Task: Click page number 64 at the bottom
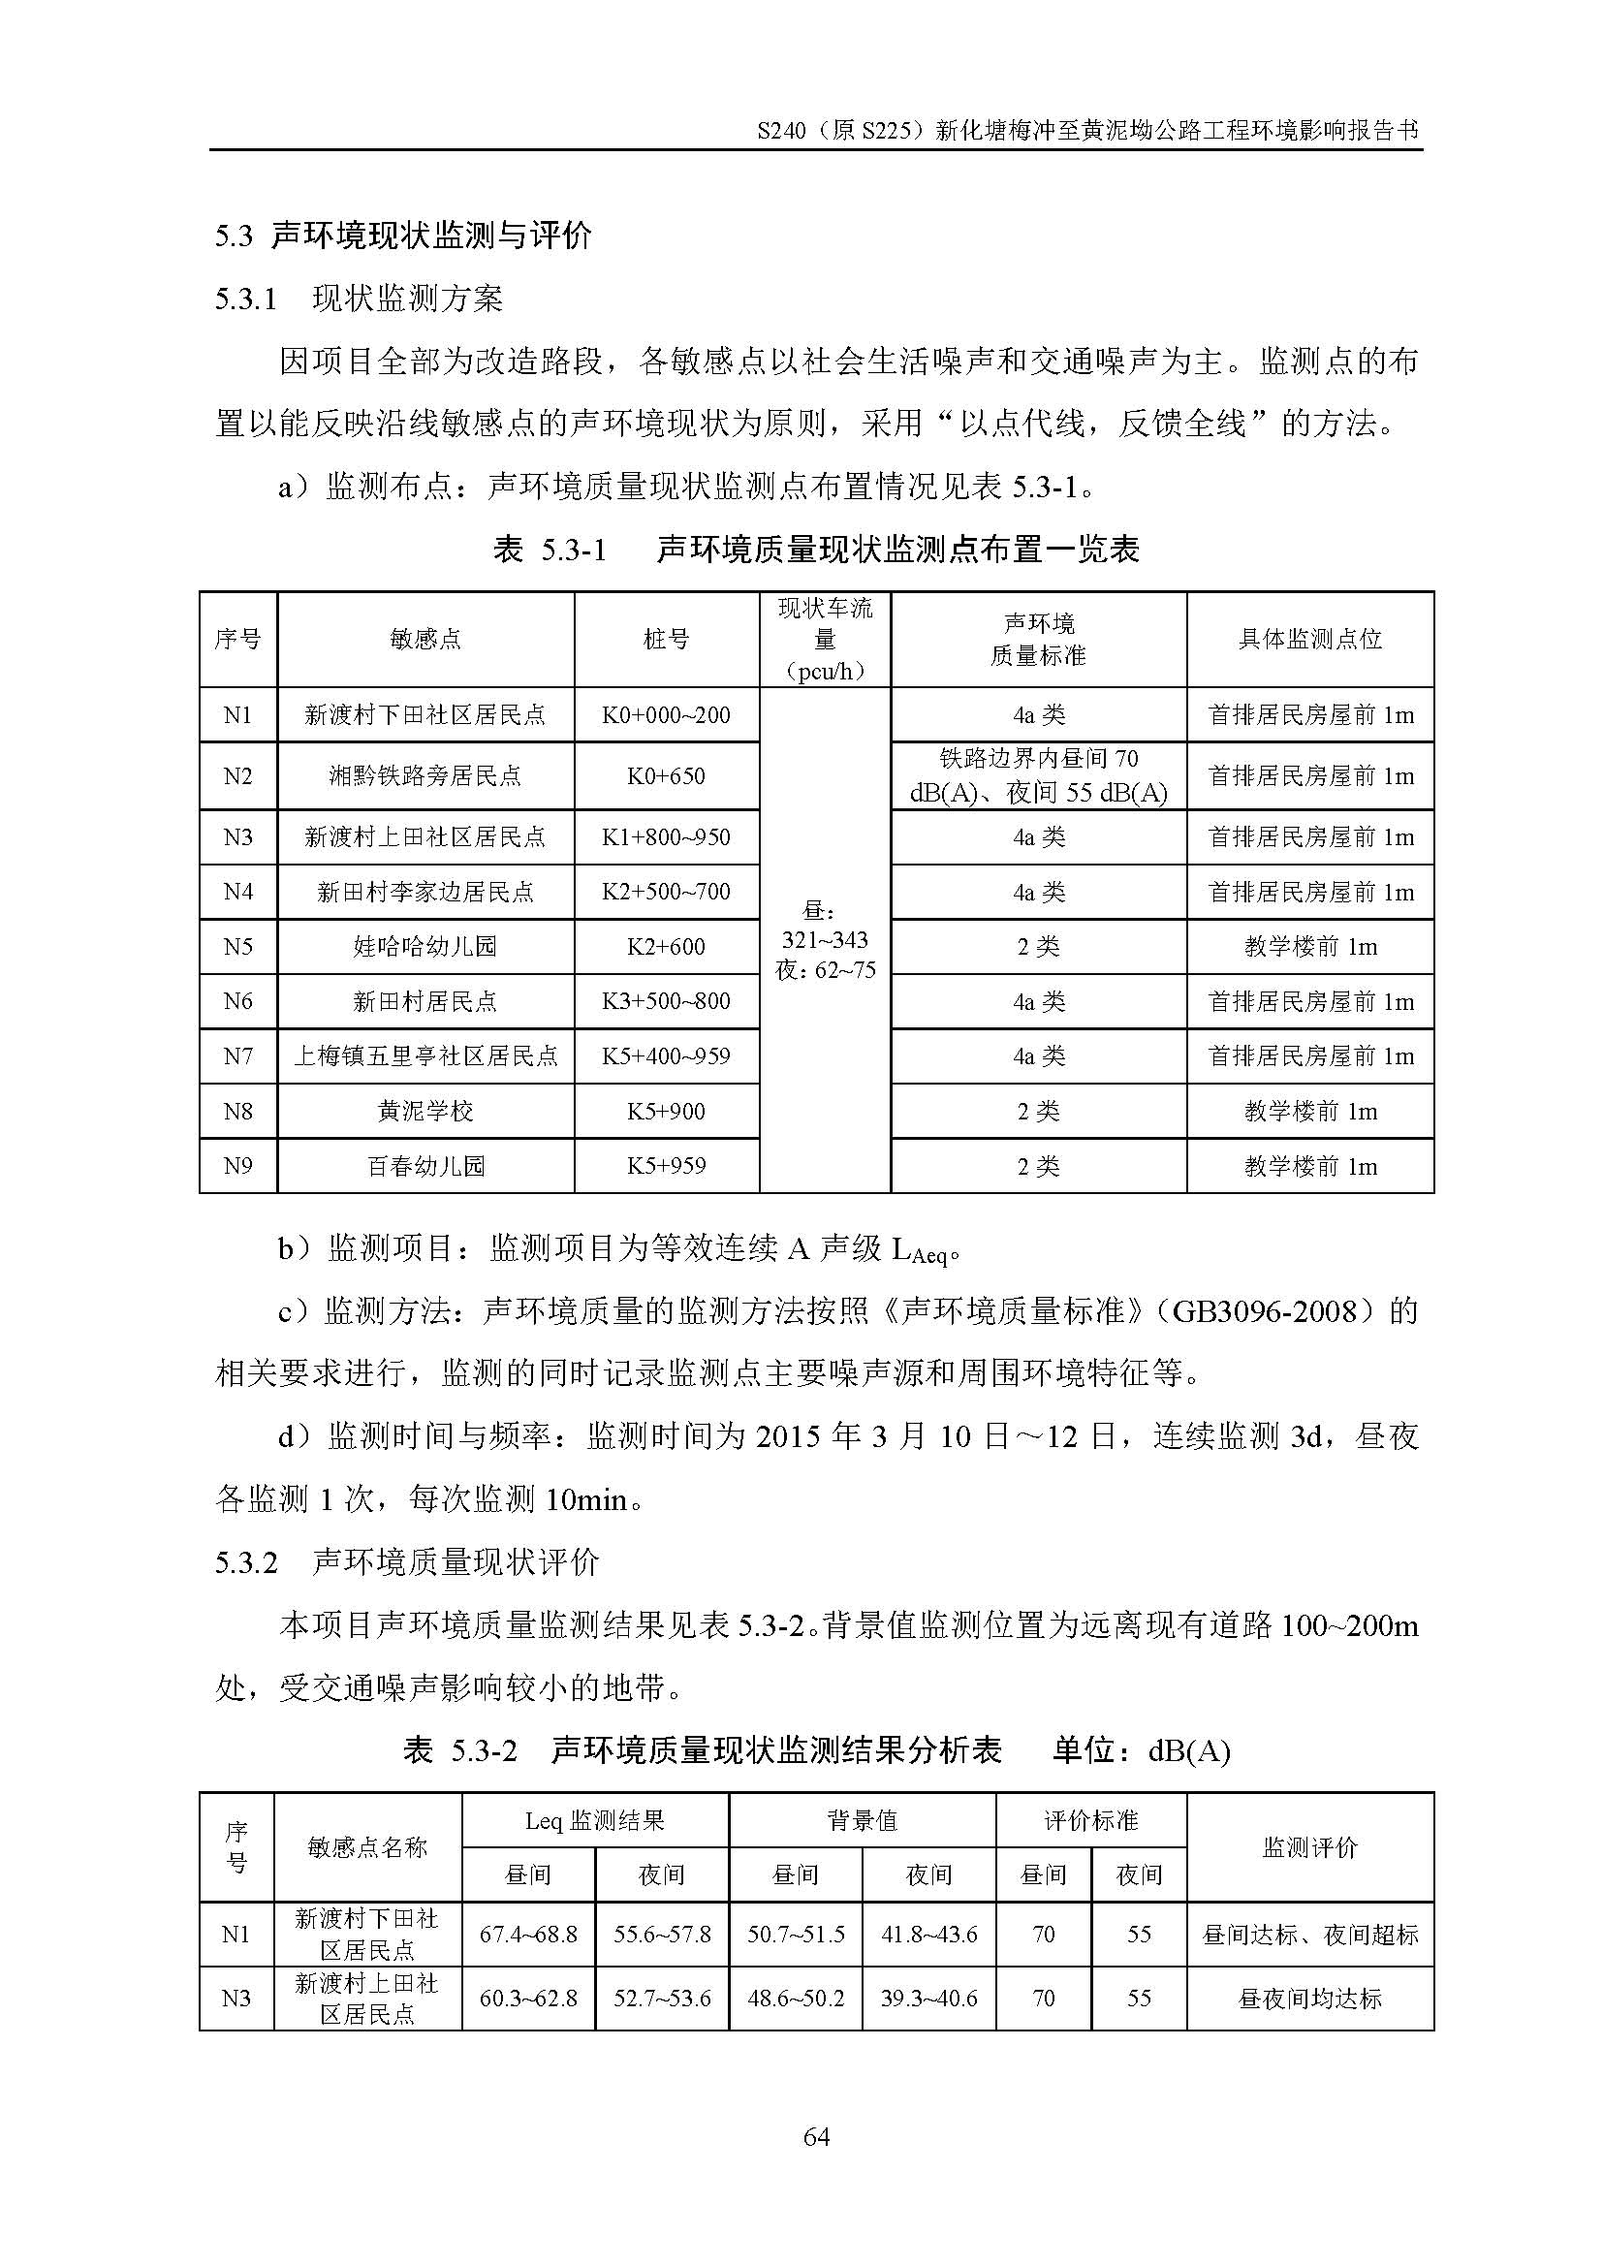(x=816, y=2138)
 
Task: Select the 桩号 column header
(x=666, y=640)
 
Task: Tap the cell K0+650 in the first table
(x=666, y=776)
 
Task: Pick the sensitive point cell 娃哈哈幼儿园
(x=425, y=947)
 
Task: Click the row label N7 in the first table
(x=237, y=1056)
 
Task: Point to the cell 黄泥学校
(x=425, y=1112)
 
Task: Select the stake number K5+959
(x=666, y=1166)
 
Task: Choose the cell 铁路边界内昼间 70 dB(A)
(x=1038, y=776)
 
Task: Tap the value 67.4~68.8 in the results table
(x=528, y=1935)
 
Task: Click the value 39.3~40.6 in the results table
(x=928, y=1999)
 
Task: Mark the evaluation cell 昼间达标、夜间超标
(x=1310, y=1935)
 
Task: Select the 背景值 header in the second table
(x=862, y=1821)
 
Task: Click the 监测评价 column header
(x=1310, y=1847)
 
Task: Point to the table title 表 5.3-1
(x=550, y=550)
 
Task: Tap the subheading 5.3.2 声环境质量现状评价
(x=407, y=1562)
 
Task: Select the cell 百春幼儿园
(x=425, y=1166)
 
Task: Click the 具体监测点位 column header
(x=1310, y=640)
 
